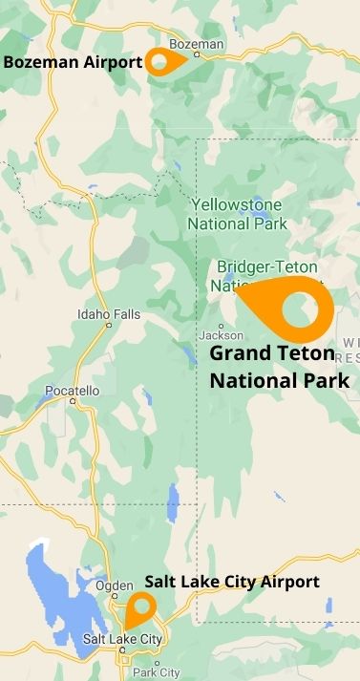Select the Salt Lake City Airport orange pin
141,607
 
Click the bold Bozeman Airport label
73,63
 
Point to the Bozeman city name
196,44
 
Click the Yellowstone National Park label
237,215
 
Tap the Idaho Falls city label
109,314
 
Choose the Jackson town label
221,335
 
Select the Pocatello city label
72,391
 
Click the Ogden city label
114,585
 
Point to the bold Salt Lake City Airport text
232,582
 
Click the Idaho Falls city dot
110,326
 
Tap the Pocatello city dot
73,402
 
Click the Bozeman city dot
197,54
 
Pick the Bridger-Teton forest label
267,266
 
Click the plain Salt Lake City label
123,638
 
